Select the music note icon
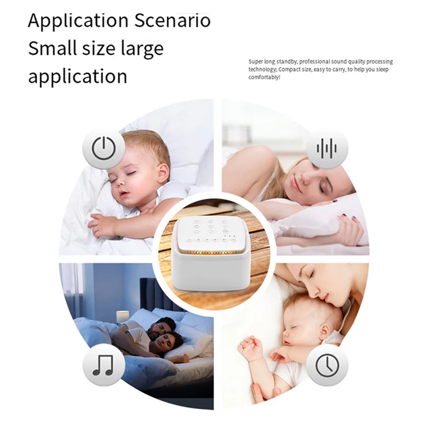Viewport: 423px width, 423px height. click(x=104, y=365)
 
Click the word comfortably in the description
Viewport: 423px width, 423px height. click(x=263, y=77)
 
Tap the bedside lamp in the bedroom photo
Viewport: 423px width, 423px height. click(x=122, y=316)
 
